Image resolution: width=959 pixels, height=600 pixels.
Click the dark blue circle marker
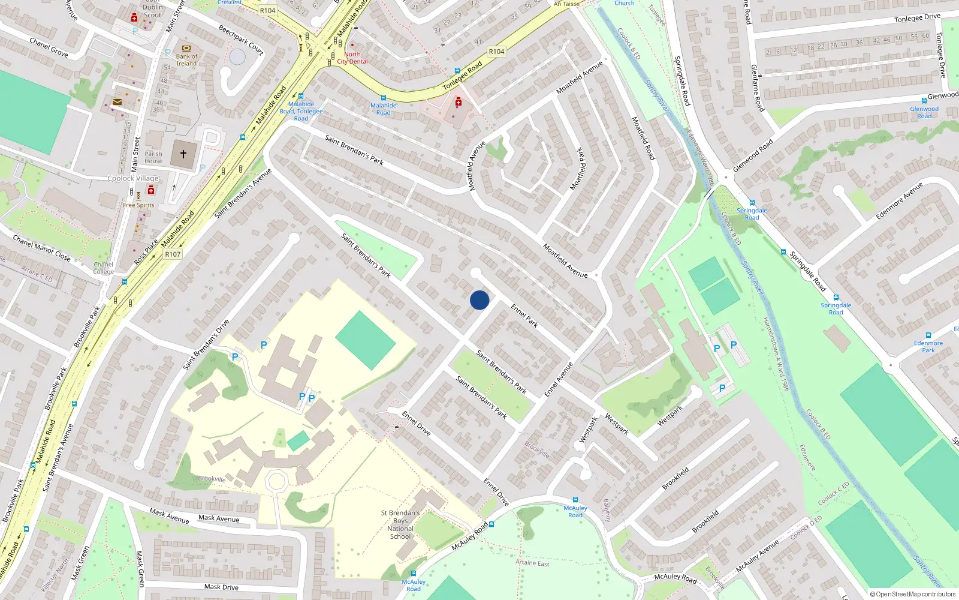(x=479, y=300)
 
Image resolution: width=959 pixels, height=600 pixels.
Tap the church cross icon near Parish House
(x=183, y=154)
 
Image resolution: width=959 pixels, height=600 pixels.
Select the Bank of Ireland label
(x=186, y=60)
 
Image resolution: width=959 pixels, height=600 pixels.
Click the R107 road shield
(x=173, y=254)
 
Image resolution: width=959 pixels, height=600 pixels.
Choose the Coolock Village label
(x=133, y=178)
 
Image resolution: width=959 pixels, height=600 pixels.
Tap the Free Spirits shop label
(x=138, y=205)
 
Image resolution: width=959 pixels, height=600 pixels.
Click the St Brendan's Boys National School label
(x=400, y=524)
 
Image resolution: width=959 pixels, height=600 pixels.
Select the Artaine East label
(x=532, y=563)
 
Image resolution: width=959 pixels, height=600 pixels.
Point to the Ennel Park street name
(x=524, y=316)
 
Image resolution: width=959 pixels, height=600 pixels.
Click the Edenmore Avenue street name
(x=899, y=201)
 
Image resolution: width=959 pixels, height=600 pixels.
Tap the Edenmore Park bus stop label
(x=928, y=347)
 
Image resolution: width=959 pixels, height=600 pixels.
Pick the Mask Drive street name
(x=221, y=587)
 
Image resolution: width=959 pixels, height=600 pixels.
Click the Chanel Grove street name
(x=49, y=47)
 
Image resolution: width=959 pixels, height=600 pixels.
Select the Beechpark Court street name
(x=241, y=40)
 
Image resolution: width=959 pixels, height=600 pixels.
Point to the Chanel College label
(x=103, y=268)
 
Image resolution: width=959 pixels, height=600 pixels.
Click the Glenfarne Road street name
(x=758, y=88)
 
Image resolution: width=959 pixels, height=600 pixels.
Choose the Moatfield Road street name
(x=644, y=138)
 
